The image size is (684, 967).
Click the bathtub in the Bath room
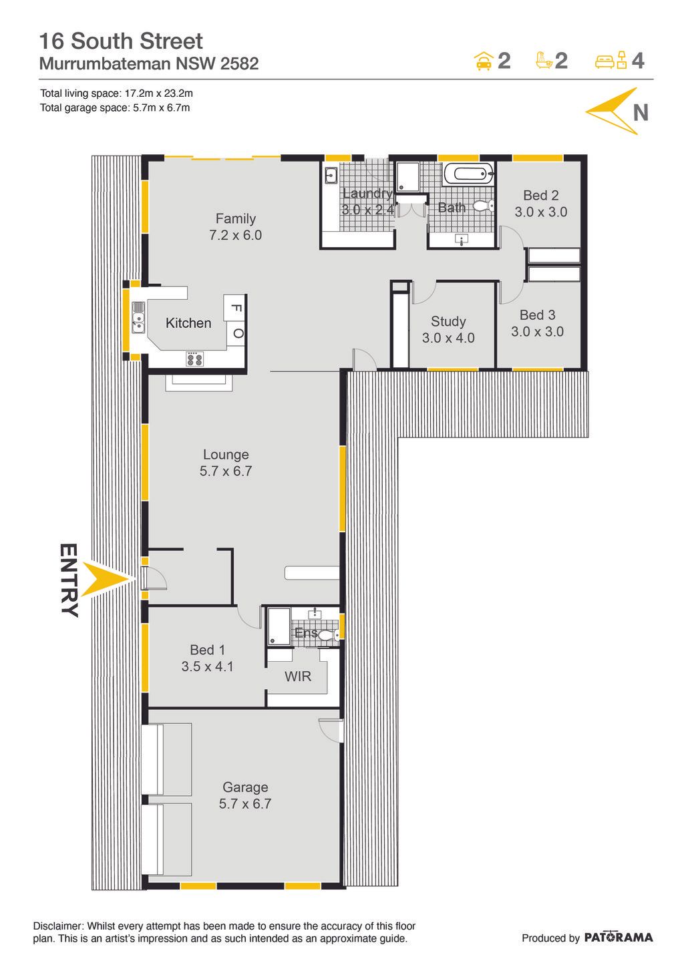(468, 174)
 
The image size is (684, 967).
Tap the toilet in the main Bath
(484, 206)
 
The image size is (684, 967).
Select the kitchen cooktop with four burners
(194, 359)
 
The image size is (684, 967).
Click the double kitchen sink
(138, 317)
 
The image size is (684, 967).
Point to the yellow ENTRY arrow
(106, 580)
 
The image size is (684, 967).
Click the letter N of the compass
(641, 113)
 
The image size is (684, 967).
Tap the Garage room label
(245, 787)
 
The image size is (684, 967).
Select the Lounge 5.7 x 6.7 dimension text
(225, 471)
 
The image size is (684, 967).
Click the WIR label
(297, 676)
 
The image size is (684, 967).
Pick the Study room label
(448, 321)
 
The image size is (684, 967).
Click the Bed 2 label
(540, 195)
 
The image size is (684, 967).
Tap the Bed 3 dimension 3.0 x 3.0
(537, 331)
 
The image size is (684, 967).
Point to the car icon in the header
(484, 61)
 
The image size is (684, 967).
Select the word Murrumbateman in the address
(105, 63)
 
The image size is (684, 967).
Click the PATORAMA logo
(619, 937)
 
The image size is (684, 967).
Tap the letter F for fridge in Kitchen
(236, 308)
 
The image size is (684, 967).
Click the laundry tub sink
(331, 176)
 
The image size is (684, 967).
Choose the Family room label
(235, 218)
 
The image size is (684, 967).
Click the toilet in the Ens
(330, 634)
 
